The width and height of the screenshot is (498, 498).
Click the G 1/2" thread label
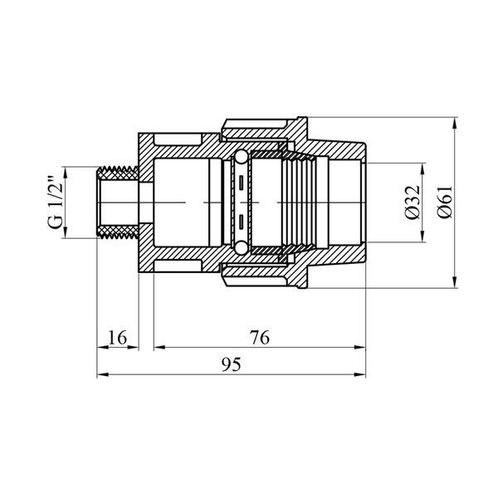pyautogui.click(x=56, y=203)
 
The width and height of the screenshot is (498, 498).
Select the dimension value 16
pyautogui.click(x=118, y=337)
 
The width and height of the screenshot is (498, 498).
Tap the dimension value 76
pyautogui.click(x=260, y=337)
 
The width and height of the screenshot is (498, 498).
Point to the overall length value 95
pyautogui.click(x=232, y=364)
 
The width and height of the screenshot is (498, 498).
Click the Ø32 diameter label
pyautogui.click(x=413, y=203)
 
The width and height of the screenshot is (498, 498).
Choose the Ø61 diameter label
pyautogui.click(x=444, y=203)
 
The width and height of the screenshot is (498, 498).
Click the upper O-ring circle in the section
pyautogui.click(x=241, y=157)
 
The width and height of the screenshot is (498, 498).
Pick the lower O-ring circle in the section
pyautogui.click(x=241, y=248)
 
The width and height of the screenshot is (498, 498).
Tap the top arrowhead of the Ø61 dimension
pyautogui.click(x=455, y=123)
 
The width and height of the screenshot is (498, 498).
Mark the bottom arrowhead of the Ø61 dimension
pyautogui.click(x=455, y=282)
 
